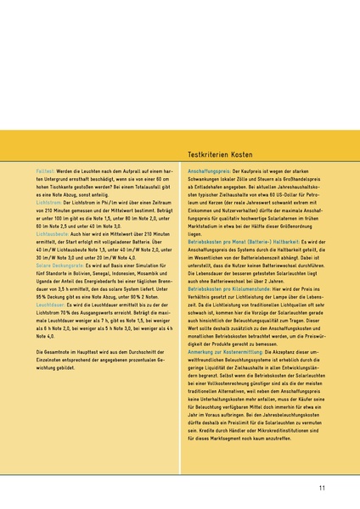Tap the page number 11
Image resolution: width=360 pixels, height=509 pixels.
[323, 488]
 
